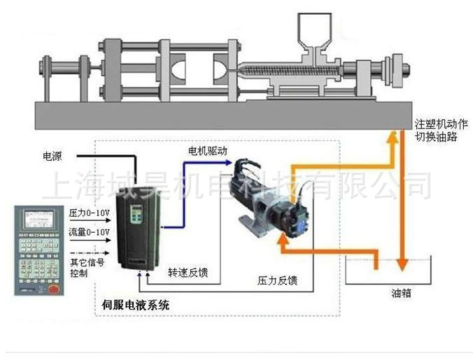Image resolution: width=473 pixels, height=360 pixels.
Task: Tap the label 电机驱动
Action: click(x=208, y=150)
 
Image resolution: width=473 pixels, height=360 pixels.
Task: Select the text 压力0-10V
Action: click(x=89, y=212)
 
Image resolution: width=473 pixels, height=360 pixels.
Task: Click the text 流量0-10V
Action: click(x=89, y=231)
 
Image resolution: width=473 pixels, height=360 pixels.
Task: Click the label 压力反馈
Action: click(x=278, y=281)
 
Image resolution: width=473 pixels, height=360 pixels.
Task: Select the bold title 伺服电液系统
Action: click(x=135, y=305)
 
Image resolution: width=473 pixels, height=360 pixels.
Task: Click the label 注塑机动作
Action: click(x=438, y=124)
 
